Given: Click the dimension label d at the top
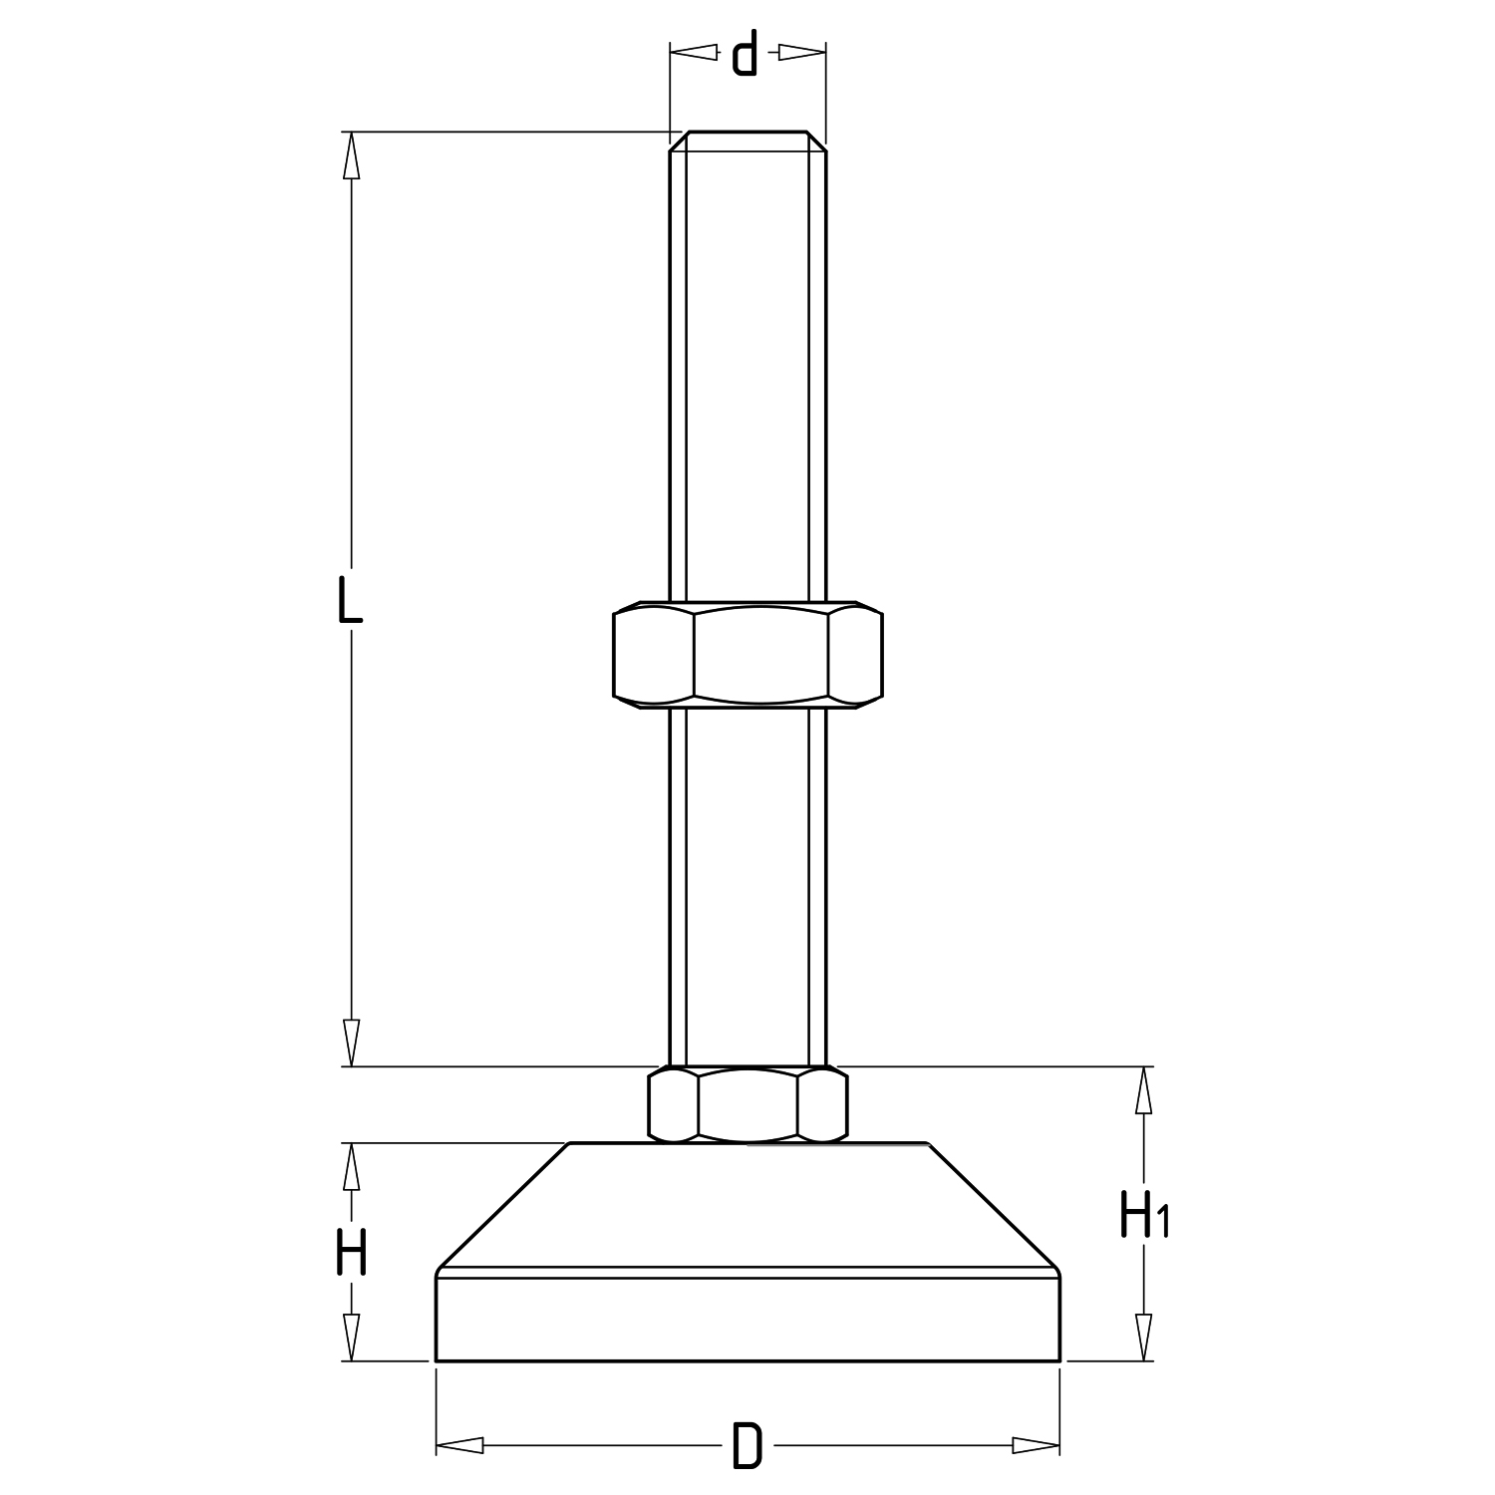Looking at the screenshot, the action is coord(745,54).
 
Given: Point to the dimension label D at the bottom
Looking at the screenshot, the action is coord(747,1446).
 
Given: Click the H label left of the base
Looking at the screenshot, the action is coord(351,1252).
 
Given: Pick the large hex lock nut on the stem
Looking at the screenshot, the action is coord(747,655).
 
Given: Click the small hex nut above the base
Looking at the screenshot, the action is coord(747,1104).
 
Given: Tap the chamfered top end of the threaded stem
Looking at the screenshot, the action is coord(747,142).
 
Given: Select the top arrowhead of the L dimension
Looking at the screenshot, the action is coord(350,155).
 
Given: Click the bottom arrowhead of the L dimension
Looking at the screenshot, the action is coord(350,1043).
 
